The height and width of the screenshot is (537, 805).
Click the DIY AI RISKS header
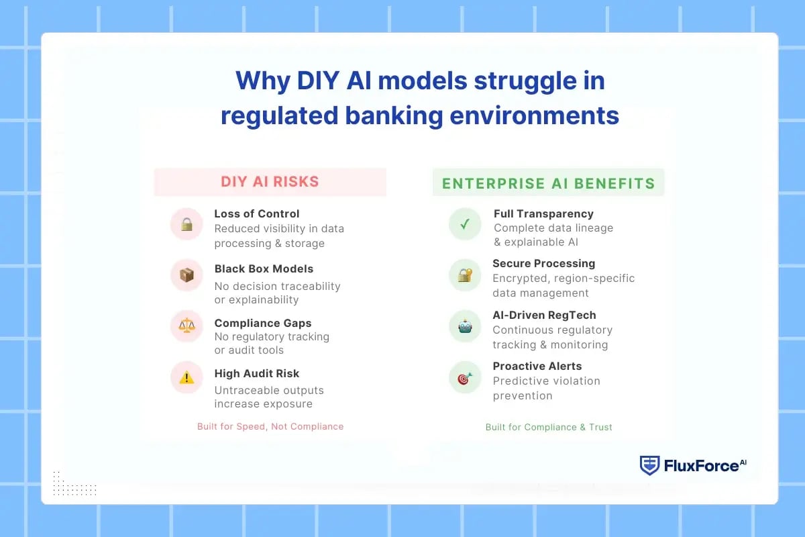click(x=270, y=182)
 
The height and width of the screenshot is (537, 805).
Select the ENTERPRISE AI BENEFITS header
click(x=548, y=183)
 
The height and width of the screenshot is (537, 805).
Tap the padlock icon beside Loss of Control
click(x=186, y=224)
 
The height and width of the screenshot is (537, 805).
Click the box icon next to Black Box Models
click(x=186, y=275)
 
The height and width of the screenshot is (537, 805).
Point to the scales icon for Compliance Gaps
click(x=186, y=326)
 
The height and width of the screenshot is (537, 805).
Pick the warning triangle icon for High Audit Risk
click(x=186, y=377)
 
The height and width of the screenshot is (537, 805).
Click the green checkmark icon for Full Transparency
click(x=465, y=224)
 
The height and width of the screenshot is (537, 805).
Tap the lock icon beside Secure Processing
click(x=465, y=275)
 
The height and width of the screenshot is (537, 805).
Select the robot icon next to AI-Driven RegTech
click(x=465, y=326)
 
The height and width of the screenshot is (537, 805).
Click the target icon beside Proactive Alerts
click(x=465, y=378)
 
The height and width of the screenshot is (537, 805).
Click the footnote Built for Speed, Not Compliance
click(x=270, y=426)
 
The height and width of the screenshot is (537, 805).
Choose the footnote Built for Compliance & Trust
click(x=549, y=427)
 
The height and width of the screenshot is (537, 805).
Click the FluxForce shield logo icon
click(x=649, y=465)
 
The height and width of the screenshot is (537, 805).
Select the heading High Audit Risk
click(x=257, y=373)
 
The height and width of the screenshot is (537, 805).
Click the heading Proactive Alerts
click(x=537, y=366)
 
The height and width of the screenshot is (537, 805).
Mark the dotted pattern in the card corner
click(x=74, y=484)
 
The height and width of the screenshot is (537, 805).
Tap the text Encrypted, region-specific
click(x=563, y=278)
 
